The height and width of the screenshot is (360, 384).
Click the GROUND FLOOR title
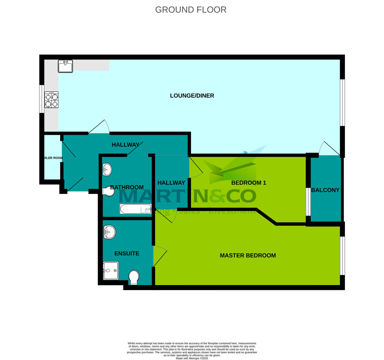[x=191, y=10]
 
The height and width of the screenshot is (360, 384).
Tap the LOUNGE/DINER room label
[x=192, y=96]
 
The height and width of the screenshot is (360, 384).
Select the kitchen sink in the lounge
[x=65, y=66]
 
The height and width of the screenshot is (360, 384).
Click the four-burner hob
[x=52, y=100]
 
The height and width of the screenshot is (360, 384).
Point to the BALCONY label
[x=325, y=190]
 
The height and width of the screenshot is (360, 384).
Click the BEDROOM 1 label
[x=249, y=183]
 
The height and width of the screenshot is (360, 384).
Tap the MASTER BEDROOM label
[x=248, y=255]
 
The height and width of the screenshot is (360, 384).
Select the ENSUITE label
[x=127, y=253]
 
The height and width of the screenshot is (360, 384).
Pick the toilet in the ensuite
[x=133, y=277]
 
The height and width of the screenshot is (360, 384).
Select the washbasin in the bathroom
[x=107, y=170]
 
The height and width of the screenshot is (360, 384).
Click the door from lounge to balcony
[x=330, y=148]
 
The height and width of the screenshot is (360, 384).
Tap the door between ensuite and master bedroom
[x=160, y=256]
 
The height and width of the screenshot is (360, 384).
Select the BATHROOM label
[x=127, y=187]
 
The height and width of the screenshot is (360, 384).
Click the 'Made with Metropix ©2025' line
[x=192, y=358]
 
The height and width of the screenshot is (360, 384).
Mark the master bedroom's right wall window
[x=342, y=256]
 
